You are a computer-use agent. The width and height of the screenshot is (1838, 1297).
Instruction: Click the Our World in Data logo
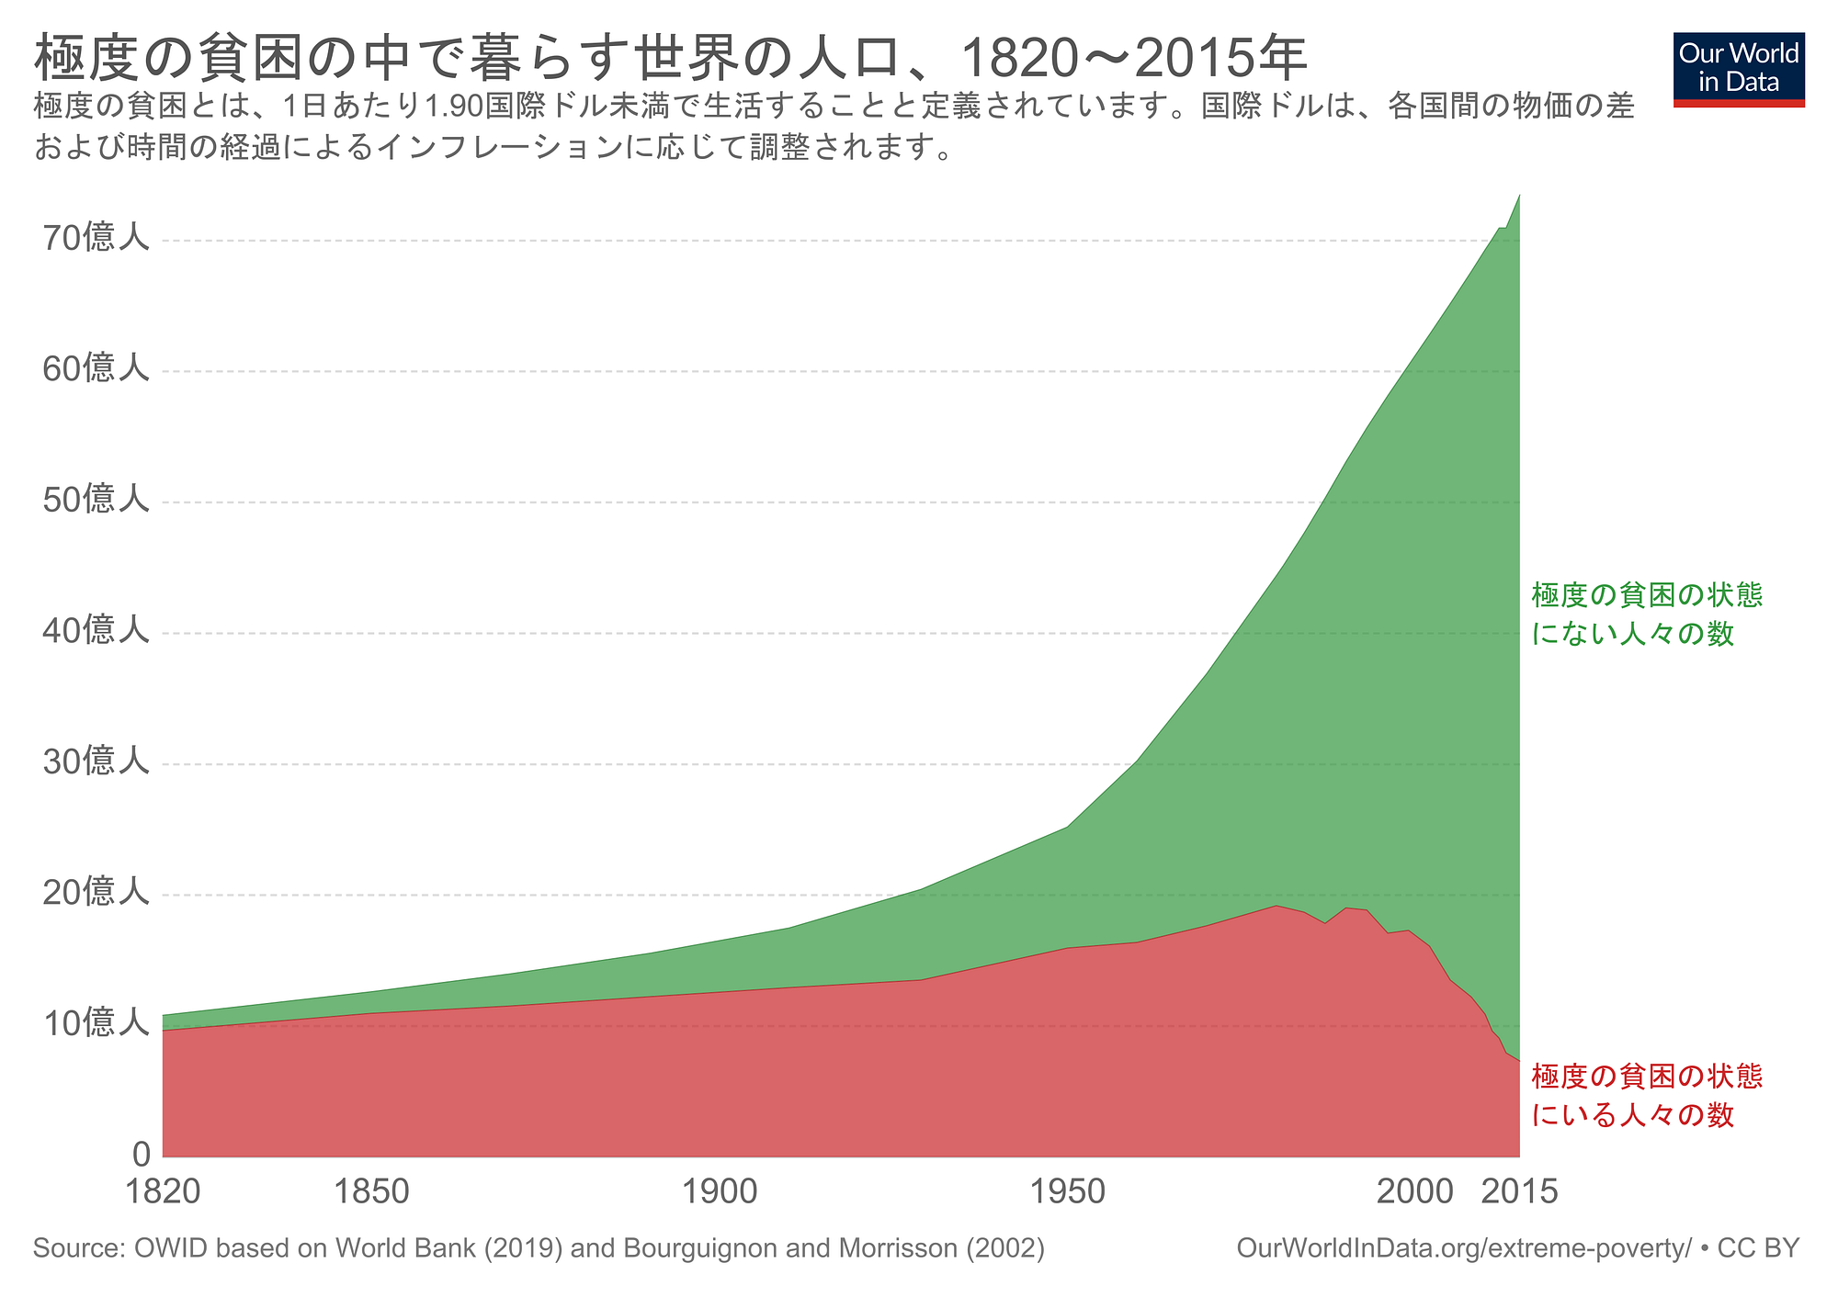click(x=1739, y=70)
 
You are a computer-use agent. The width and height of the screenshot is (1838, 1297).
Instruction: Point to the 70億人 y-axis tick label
click(x=96, y=238)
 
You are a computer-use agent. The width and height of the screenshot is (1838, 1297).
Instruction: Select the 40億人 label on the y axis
click(x=96, y=630)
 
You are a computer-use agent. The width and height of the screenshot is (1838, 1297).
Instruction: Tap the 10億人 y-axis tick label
click(x=96, y=1022)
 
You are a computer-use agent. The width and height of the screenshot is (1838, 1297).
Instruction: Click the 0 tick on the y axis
click(x=141, y=1154)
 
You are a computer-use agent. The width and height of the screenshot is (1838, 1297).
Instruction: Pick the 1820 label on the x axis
click(x=163, y=1192)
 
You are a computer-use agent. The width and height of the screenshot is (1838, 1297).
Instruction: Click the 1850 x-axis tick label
click(x=371, y=1192)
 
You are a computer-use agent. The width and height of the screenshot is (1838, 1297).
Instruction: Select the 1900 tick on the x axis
click(x=720, y=1192)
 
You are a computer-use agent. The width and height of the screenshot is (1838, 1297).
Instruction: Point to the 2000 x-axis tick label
click(x=1415, y=1192)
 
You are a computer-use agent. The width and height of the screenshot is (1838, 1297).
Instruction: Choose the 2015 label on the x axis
click(x=1520, y=1192)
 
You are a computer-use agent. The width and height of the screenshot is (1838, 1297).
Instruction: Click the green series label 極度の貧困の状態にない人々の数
click(x=1646, y=614)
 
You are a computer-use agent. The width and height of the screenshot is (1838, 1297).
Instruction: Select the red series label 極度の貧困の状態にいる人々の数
click(x=1646, y=1095)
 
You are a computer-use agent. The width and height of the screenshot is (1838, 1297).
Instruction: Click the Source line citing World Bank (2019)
click(x=539, y=1248)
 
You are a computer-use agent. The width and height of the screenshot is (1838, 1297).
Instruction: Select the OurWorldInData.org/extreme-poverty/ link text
click(x=1463, y=1248)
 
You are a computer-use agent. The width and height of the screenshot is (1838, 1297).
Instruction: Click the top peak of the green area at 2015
click(x=1519, y=196)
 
